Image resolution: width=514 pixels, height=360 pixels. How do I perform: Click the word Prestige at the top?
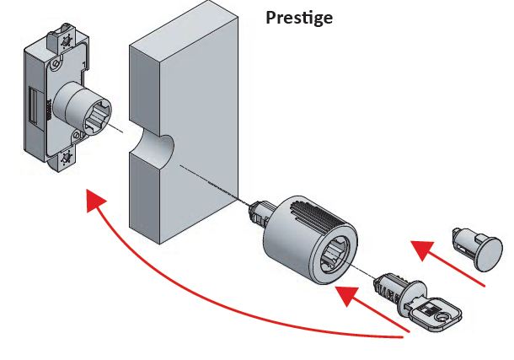pyautogui.click(x=299, y=17)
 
